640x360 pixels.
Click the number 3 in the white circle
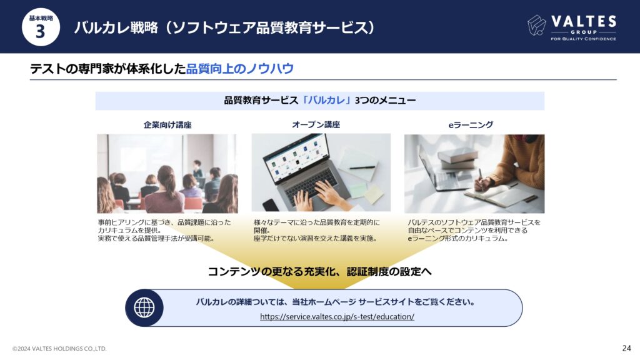point(40,31)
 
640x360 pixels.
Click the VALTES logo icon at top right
point(536,25)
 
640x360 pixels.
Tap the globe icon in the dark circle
point(144,307)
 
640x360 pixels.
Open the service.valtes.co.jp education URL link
point(337,316)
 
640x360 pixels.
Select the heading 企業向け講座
point(167,125)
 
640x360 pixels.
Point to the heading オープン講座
point(316,125)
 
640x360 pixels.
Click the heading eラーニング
point(471,125)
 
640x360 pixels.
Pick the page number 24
point(626,348)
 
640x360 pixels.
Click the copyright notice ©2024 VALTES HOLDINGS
point(59,349)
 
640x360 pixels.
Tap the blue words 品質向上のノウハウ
point(240,69)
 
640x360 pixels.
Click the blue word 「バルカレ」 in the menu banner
point(326,101)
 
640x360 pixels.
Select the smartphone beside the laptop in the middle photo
point(270,205)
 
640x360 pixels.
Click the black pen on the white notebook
point(362,167)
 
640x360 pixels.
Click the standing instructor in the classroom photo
point(197,169)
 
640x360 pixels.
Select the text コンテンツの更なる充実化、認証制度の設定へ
point(320,271)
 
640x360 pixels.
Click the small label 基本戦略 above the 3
point(41,18)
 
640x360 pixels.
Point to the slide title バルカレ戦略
point(116,27)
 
